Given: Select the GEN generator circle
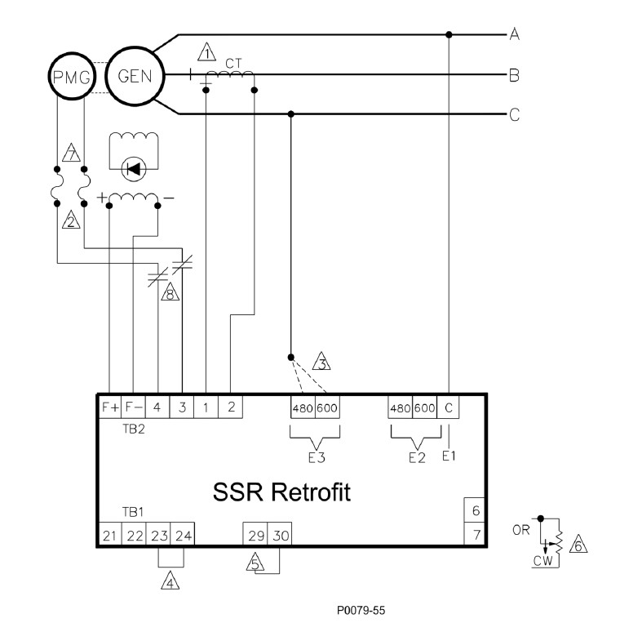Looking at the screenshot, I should [134, 75].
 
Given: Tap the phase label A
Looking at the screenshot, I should [515, 34].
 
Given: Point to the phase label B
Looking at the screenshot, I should [515, 76].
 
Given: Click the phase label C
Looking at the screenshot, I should [515, 114].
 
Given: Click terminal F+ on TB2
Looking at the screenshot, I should [109, 406].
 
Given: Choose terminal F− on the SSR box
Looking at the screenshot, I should [133, 406].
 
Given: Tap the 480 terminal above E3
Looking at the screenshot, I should [303, 407].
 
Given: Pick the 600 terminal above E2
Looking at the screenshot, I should [425, 407].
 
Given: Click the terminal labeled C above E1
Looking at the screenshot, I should [449, 407].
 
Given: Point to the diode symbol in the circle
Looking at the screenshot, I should [131, 169].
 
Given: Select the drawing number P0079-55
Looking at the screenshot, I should [366, 609].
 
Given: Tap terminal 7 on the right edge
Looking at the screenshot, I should [476, 535].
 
